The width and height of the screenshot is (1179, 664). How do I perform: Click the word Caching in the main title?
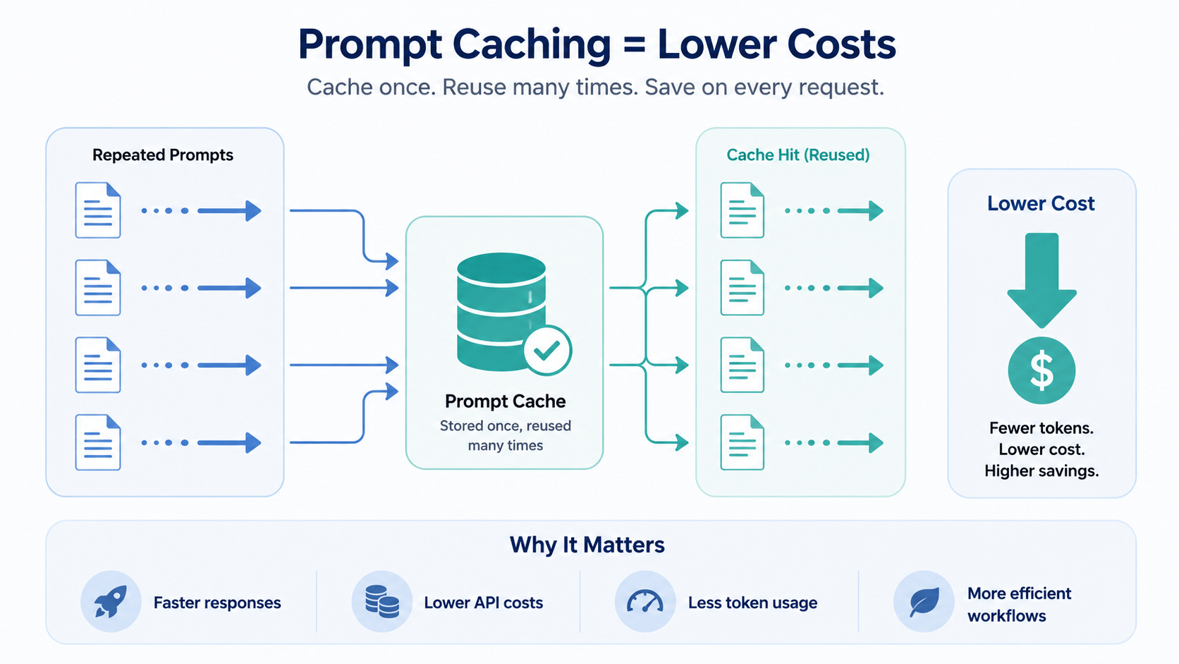[532, 45]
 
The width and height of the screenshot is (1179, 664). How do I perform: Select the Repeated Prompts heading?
[163, 155]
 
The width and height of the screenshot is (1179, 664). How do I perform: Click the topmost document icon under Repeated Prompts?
[98, 210]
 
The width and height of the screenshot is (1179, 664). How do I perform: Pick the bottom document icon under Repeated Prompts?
[98, 442]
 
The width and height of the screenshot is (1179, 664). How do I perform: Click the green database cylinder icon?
[501, 312]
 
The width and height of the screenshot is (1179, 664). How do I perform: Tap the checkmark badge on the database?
[547, 350]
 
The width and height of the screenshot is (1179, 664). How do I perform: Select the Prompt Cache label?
[506, 402]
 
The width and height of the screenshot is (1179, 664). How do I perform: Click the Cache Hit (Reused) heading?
[798, 155]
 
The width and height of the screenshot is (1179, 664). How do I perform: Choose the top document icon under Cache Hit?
[742, 210]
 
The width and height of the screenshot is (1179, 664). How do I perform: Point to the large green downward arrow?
[1041, 280]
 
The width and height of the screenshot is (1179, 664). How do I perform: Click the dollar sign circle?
[1041, 370]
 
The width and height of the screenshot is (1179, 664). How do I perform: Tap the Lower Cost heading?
[1041, 203]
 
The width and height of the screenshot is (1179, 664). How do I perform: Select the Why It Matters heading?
[587, 545]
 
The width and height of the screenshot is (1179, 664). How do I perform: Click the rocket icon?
[111, 601]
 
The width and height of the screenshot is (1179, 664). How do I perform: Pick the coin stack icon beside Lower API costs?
[381, 601]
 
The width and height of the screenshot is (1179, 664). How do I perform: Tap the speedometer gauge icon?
[645, 602]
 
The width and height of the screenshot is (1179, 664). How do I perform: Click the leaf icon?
[924, 602]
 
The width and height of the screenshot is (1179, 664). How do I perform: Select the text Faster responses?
[217, 603]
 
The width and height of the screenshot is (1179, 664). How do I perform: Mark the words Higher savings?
[1041, 471]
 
